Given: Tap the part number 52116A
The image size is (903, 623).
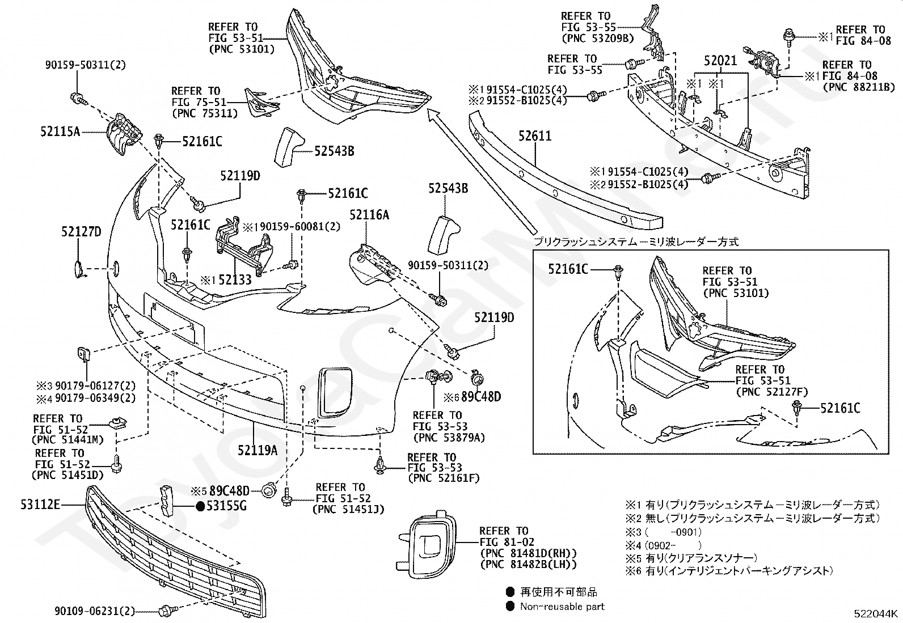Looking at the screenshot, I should [x=369, y=215].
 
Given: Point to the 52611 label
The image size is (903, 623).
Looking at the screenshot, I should [x=535, y=136].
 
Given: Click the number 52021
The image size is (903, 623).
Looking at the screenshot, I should [x=720, y=61].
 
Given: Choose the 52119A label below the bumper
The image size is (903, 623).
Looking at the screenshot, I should [x=258, y=451].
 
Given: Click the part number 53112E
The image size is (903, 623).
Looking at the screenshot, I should [x=40, y=503].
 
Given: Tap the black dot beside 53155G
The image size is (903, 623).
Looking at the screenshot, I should [x=200, y=506].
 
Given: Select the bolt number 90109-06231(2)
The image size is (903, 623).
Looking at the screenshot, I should [x=95, y=611].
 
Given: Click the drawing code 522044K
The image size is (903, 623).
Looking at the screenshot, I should [x=876, y=613].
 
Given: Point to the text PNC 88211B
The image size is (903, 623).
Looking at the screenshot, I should [x=858, y=87].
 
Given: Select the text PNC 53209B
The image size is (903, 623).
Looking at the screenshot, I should [x=597, y=38].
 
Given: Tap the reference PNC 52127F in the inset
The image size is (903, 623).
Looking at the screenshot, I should [x=771, y=392].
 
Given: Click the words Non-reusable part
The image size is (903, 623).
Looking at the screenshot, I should [x=562, y=607].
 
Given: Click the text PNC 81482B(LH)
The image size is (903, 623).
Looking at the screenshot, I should [x=528, y=564].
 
